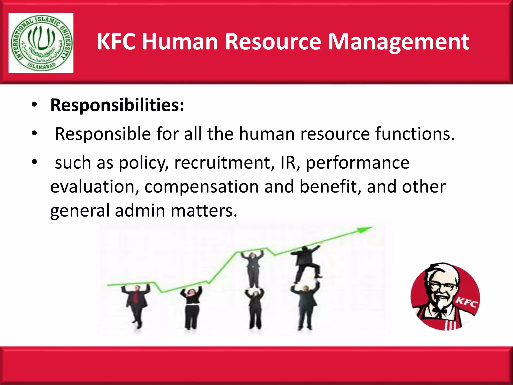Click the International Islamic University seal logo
(x=41, y=43)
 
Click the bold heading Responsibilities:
(x=117, y=105)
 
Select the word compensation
(x=202, y=187)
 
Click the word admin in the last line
(x=140, y=211)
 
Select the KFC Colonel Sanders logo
(x=445, y=297)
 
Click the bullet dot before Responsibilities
(x=34, y=105)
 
